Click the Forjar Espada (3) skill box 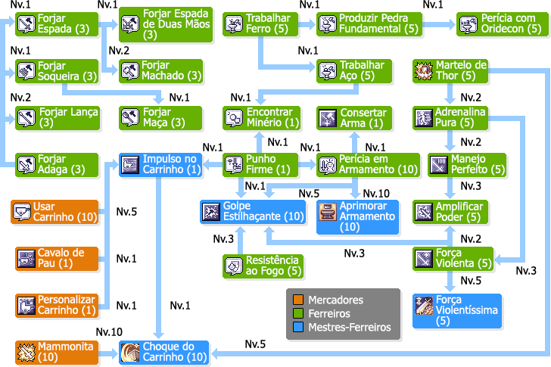click(x=58, y=24)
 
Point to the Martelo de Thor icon click(x=424, y=71)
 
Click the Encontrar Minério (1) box click(x=260, y=118)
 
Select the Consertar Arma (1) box click(x=353, y=118)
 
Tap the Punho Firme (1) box click(x=260, y=165)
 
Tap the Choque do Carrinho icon click(x=130, y=353)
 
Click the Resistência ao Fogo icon click(x=233, y=266)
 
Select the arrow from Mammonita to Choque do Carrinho click(x=109, y=353)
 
